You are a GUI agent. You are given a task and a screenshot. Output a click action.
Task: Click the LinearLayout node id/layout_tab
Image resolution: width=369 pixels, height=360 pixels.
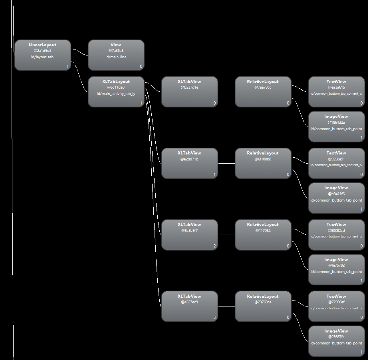pos(42,55)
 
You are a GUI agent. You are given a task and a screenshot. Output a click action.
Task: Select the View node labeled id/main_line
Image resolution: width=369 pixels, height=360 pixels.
pos(116,55)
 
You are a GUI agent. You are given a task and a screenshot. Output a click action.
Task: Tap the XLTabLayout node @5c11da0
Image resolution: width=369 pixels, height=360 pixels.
pos(116,91)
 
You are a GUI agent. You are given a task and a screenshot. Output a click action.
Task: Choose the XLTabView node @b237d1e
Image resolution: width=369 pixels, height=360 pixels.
pos(190,91)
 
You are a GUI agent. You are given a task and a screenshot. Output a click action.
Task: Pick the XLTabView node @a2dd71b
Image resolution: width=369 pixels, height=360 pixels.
pos(190,163)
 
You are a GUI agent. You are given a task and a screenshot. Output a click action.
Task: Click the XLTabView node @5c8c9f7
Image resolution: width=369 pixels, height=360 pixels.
pos(190,234)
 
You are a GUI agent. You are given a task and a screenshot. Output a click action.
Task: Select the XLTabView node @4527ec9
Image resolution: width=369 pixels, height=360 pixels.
pos(190,306)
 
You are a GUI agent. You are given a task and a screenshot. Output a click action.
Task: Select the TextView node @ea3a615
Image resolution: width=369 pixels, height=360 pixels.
pos(336,91)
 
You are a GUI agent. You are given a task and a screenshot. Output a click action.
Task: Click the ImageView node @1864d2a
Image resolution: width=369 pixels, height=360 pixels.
pos(336,126)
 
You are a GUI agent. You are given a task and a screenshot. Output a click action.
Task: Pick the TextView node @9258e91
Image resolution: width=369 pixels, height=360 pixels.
pos(336,163)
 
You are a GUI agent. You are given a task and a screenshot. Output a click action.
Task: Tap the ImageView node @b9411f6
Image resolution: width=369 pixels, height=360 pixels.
pos(336,198)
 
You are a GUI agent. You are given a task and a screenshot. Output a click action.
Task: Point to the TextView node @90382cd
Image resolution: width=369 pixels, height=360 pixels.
pos(336,234)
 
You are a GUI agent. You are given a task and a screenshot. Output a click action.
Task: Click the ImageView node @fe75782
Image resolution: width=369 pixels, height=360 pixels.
pos(336,269)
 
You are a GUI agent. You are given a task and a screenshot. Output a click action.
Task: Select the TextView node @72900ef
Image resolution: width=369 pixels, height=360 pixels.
pos(336,306)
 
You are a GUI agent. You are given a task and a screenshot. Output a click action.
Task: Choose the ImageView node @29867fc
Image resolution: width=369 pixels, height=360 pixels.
pos(336,341)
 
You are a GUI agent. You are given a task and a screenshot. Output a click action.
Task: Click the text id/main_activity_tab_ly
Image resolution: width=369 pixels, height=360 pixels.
pos(116,94)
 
